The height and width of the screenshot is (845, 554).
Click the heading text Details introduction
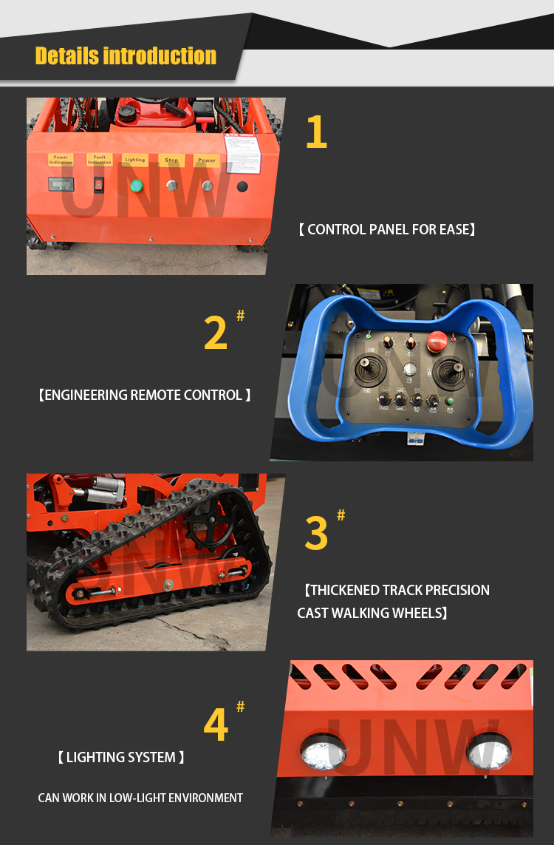126,55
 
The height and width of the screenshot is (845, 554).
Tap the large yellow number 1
316,133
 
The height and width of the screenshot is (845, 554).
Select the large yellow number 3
316,534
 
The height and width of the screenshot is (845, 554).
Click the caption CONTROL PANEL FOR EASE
386,230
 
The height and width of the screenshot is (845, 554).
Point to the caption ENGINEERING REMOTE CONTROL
144,396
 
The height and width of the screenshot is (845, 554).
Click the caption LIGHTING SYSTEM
121,758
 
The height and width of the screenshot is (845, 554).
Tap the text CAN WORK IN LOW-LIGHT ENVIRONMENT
140,798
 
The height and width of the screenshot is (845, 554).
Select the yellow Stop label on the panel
171,160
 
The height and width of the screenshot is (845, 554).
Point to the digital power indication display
61,185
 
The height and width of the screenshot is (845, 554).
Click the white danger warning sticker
242,153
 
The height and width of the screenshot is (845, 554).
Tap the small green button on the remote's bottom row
450,401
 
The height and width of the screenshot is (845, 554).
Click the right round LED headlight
488,750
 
